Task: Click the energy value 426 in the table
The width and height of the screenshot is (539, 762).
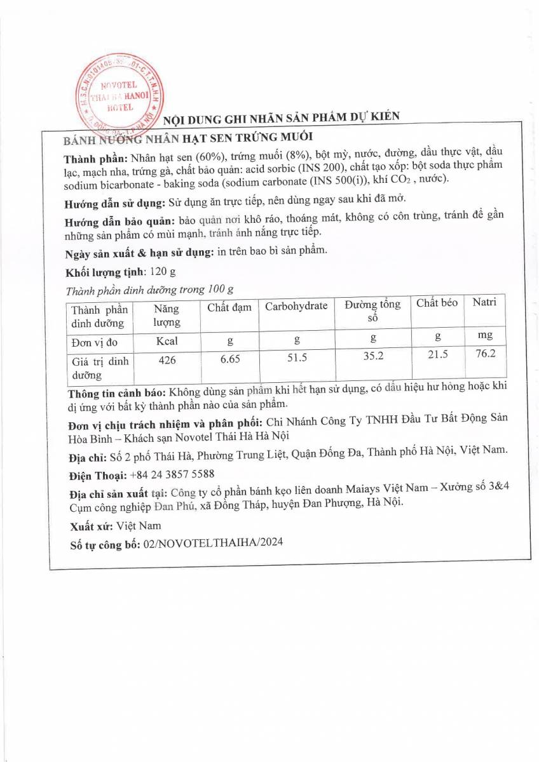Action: point(167,361)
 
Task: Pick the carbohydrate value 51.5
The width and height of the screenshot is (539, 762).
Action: point(296,358)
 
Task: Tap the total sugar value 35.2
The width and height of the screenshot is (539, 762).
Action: point(373,356)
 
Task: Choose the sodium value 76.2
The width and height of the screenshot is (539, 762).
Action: point(484,353)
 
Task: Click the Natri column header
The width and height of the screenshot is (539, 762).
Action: point(484,302)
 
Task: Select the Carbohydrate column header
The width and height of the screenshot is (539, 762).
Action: point(296,306)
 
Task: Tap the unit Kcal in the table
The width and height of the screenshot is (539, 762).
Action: point(167,341)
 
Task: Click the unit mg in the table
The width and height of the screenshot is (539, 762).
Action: point(484,335)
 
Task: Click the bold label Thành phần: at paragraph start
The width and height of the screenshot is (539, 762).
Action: point(95,158)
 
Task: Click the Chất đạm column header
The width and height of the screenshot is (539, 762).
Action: point(229,307)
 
